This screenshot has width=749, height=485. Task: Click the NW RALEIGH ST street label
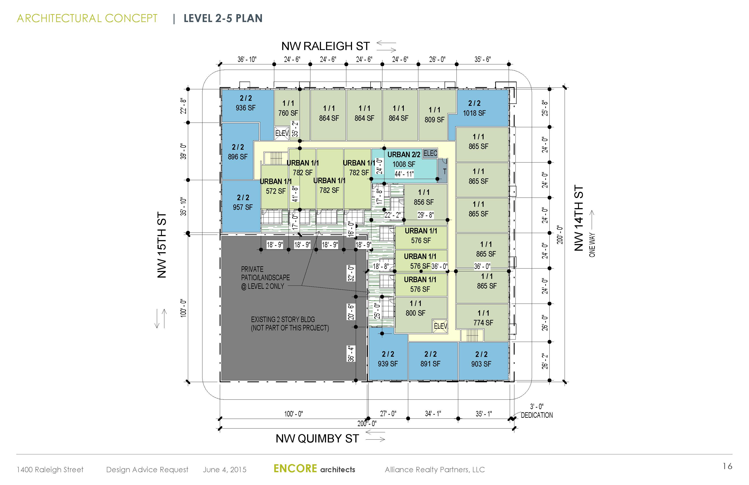tap(325, 46)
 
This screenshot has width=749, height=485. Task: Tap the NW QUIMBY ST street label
tap(317, 439)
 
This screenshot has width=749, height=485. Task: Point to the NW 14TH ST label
tap(579, 218)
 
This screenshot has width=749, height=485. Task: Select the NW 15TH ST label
tap(161, 245)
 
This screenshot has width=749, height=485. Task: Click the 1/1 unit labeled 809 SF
tap(434, 115)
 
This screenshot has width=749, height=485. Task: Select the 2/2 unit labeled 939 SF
tap(388, 359)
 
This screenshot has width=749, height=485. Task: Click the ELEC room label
tap(430, 153)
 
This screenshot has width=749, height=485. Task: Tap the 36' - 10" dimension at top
tap(247, 59)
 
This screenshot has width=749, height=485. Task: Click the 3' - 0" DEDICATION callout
tap(537, 411)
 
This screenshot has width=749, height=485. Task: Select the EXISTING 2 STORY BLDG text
tap(290, 324)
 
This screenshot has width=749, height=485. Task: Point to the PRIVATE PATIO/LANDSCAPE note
tap(265, 278)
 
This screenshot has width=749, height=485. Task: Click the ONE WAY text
tap(592, 245)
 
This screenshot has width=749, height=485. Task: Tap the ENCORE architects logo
tap(314, 469)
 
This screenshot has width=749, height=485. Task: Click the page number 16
tap(727, 466)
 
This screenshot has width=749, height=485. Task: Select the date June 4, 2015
tap(225, 470)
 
